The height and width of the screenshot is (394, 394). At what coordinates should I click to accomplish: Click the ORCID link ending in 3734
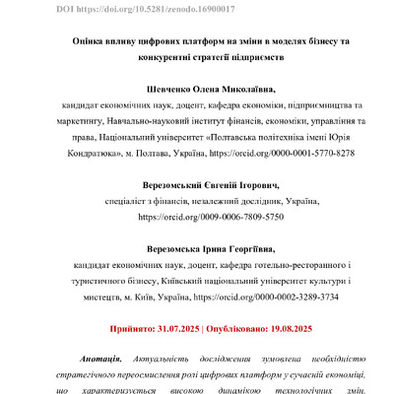pos(265,295)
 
